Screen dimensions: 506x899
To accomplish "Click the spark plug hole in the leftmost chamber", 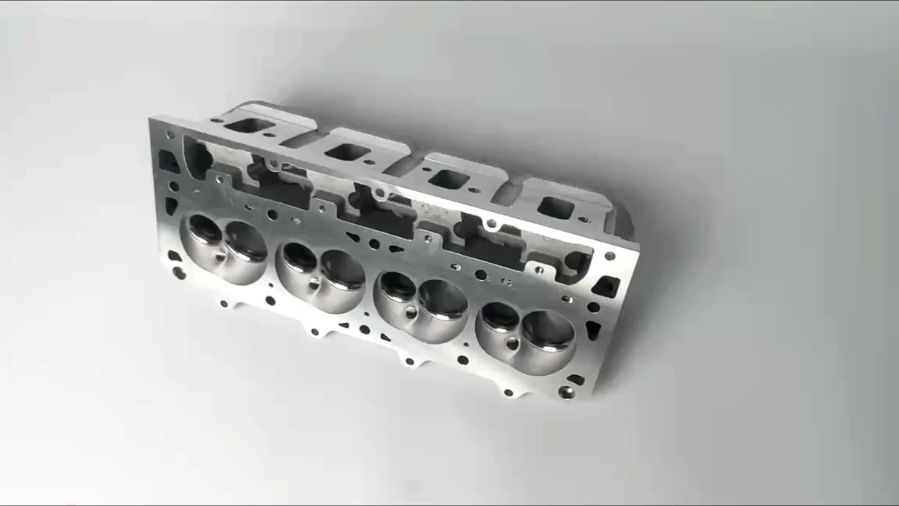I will click(219, 257).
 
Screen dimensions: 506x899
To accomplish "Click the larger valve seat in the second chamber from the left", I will click(343, 274).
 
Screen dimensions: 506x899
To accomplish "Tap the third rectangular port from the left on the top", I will click(449, 179).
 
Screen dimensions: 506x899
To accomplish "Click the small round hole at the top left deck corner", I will click(169, 134).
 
